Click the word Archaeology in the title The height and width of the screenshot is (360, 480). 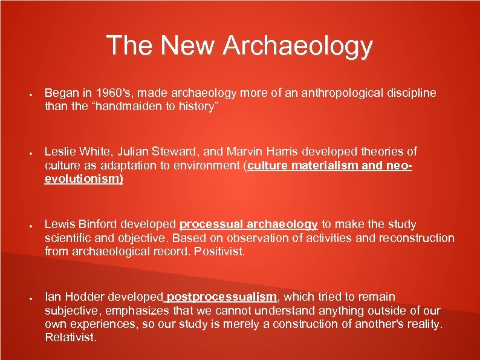tap(297, 47)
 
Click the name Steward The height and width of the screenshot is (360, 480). tap(187, 151)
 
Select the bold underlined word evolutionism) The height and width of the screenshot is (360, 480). tap(84, 179)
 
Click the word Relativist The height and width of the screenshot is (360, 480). tap(71, 337)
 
